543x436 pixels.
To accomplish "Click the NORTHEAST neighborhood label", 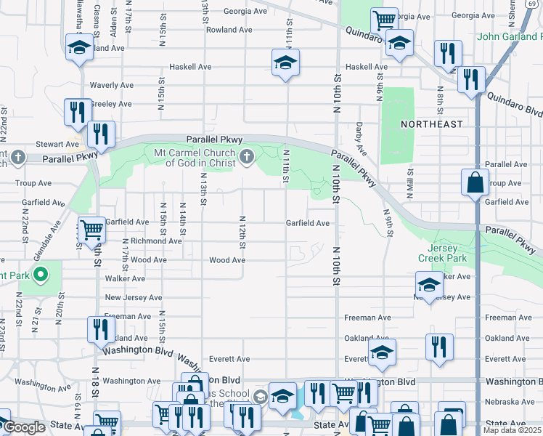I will pos(431,124).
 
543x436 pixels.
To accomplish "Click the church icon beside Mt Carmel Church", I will pos(247,156).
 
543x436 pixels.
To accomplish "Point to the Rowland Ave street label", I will pos(229,30).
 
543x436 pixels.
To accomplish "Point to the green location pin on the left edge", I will pos(41,275).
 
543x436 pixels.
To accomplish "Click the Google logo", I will pos(24,428).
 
